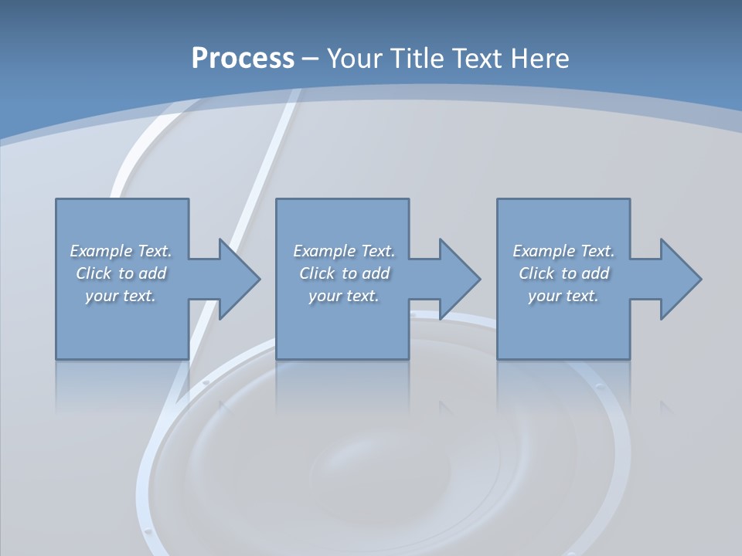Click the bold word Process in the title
click(x=243, y=58)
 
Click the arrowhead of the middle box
click(x=460, y=279)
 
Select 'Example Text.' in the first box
click(x=121, y=251)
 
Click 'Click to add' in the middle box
click(x=344, y=273)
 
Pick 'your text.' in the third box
click(x=563, y=296)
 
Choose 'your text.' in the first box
click(x=121, y=296)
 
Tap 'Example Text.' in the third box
click(x=563, y=251)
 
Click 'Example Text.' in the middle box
click(x=344, y=251)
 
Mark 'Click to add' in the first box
click(x=121, y=273)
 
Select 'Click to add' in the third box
click(x=563, y=273)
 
